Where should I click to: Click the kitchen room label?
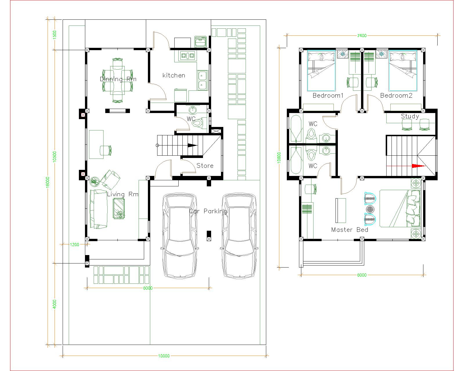pos(174,75)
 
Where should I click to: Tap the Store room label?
pos(205,166)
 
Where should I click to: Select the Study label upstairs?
pos(410,116)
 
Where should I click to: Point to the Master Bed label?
pos(349,230)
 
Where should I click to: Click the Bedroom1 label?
pos(328,95)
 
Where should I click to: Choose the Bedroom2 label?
pos(396,95)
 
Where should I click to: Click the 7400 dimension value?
pos(362,36)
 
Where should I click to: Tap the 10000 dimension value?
pos(164,356)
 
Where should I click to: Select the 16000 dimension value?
pos(48,182)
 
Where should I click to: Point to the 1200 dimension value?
pos(75,244)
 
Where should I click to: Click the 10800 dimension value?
pos(279,158)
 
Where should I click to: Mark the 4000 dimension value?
pos(55,304)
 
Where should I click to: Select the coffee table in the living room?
pos(119,209)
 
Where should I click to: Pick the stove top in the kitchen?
pos(188,56)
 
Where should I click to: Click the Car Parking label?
pos(208,211)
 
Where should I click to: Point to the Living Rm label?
pos(123,194)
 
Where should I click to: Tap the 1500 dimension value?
pos(55,35)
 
